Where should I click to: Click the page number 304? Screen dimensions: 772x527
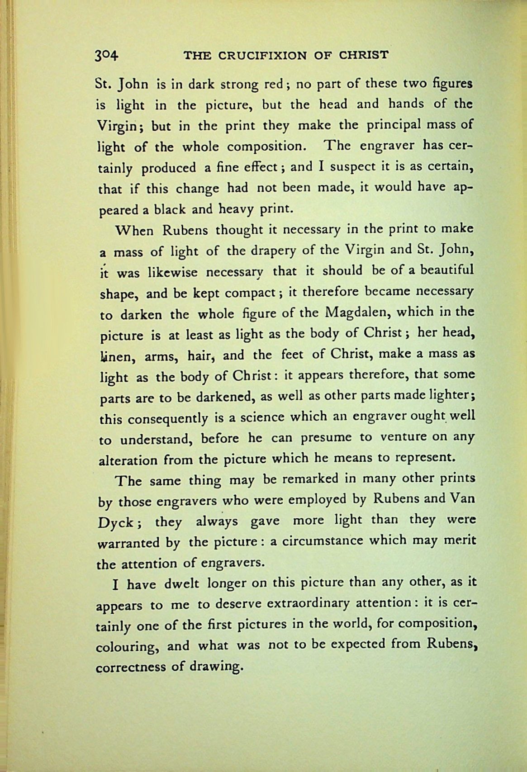[106, 56]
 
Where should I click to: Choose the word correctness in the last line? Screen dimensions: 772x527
[130, 667]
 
